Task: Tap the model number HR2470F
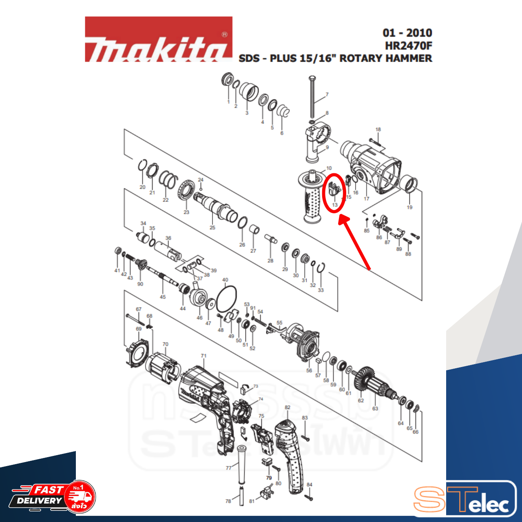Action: tap(408, 45)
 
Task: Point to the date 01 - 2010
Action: tap(407, 33)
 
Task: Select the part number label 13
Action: tap(335, 205)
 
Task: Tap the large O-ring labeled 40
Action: tap(226, 299)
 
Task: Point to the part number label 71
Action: tap(203, 356)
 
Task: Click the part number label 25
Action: tap(212, 228)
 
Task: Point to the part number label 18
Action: tap(378, 130)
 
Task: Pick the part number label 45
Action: tap(163, 297)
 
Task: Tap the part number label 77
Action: tap(228, 468)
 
